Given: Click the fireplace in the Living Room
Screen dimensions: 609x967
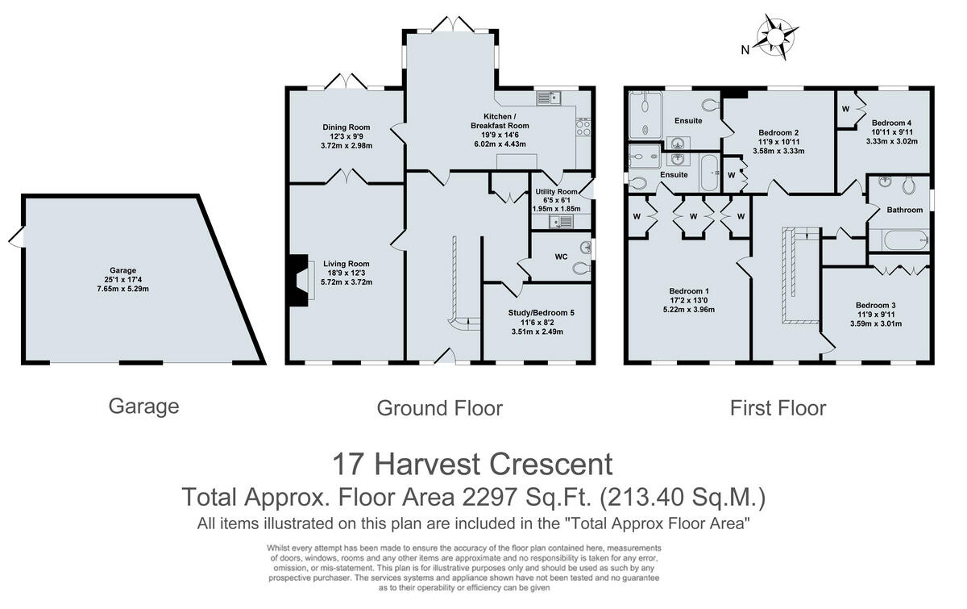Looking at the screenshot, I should [301, 280].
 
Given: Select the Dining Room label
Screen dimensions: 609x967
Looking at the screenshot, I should [347, 127].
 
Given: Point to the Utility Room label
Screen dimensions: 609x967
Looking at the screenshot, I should [555, 192].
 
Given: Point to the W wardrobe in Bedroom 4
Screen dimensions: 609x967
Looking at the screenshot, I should [846, 109].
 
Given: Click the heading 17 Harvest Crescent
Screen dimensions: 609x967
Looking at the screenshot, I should [472, 464].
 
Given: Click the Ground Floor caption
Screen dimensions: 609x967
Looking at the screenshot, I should [439, 408].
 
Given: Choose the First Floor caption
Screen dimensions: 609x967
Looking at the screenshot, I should [778, 408].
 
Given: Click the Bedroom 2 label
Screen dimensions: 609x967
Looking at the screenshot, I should [778, 131].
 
